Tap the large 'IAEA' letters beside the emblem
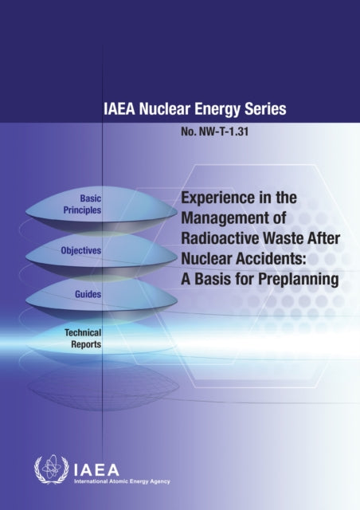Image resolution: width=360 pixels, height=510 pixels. click(x=89, y=468)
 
